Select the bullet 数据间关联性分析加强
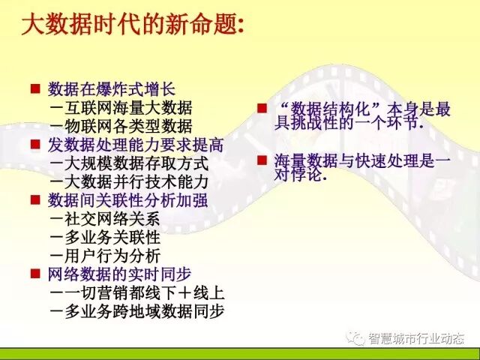tap(127, 200)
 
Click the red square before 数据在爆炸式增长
tap(34, 88)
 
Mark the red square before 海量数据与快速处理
tap(262, 160)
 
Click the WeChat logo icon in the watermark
tap(354, 339)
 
